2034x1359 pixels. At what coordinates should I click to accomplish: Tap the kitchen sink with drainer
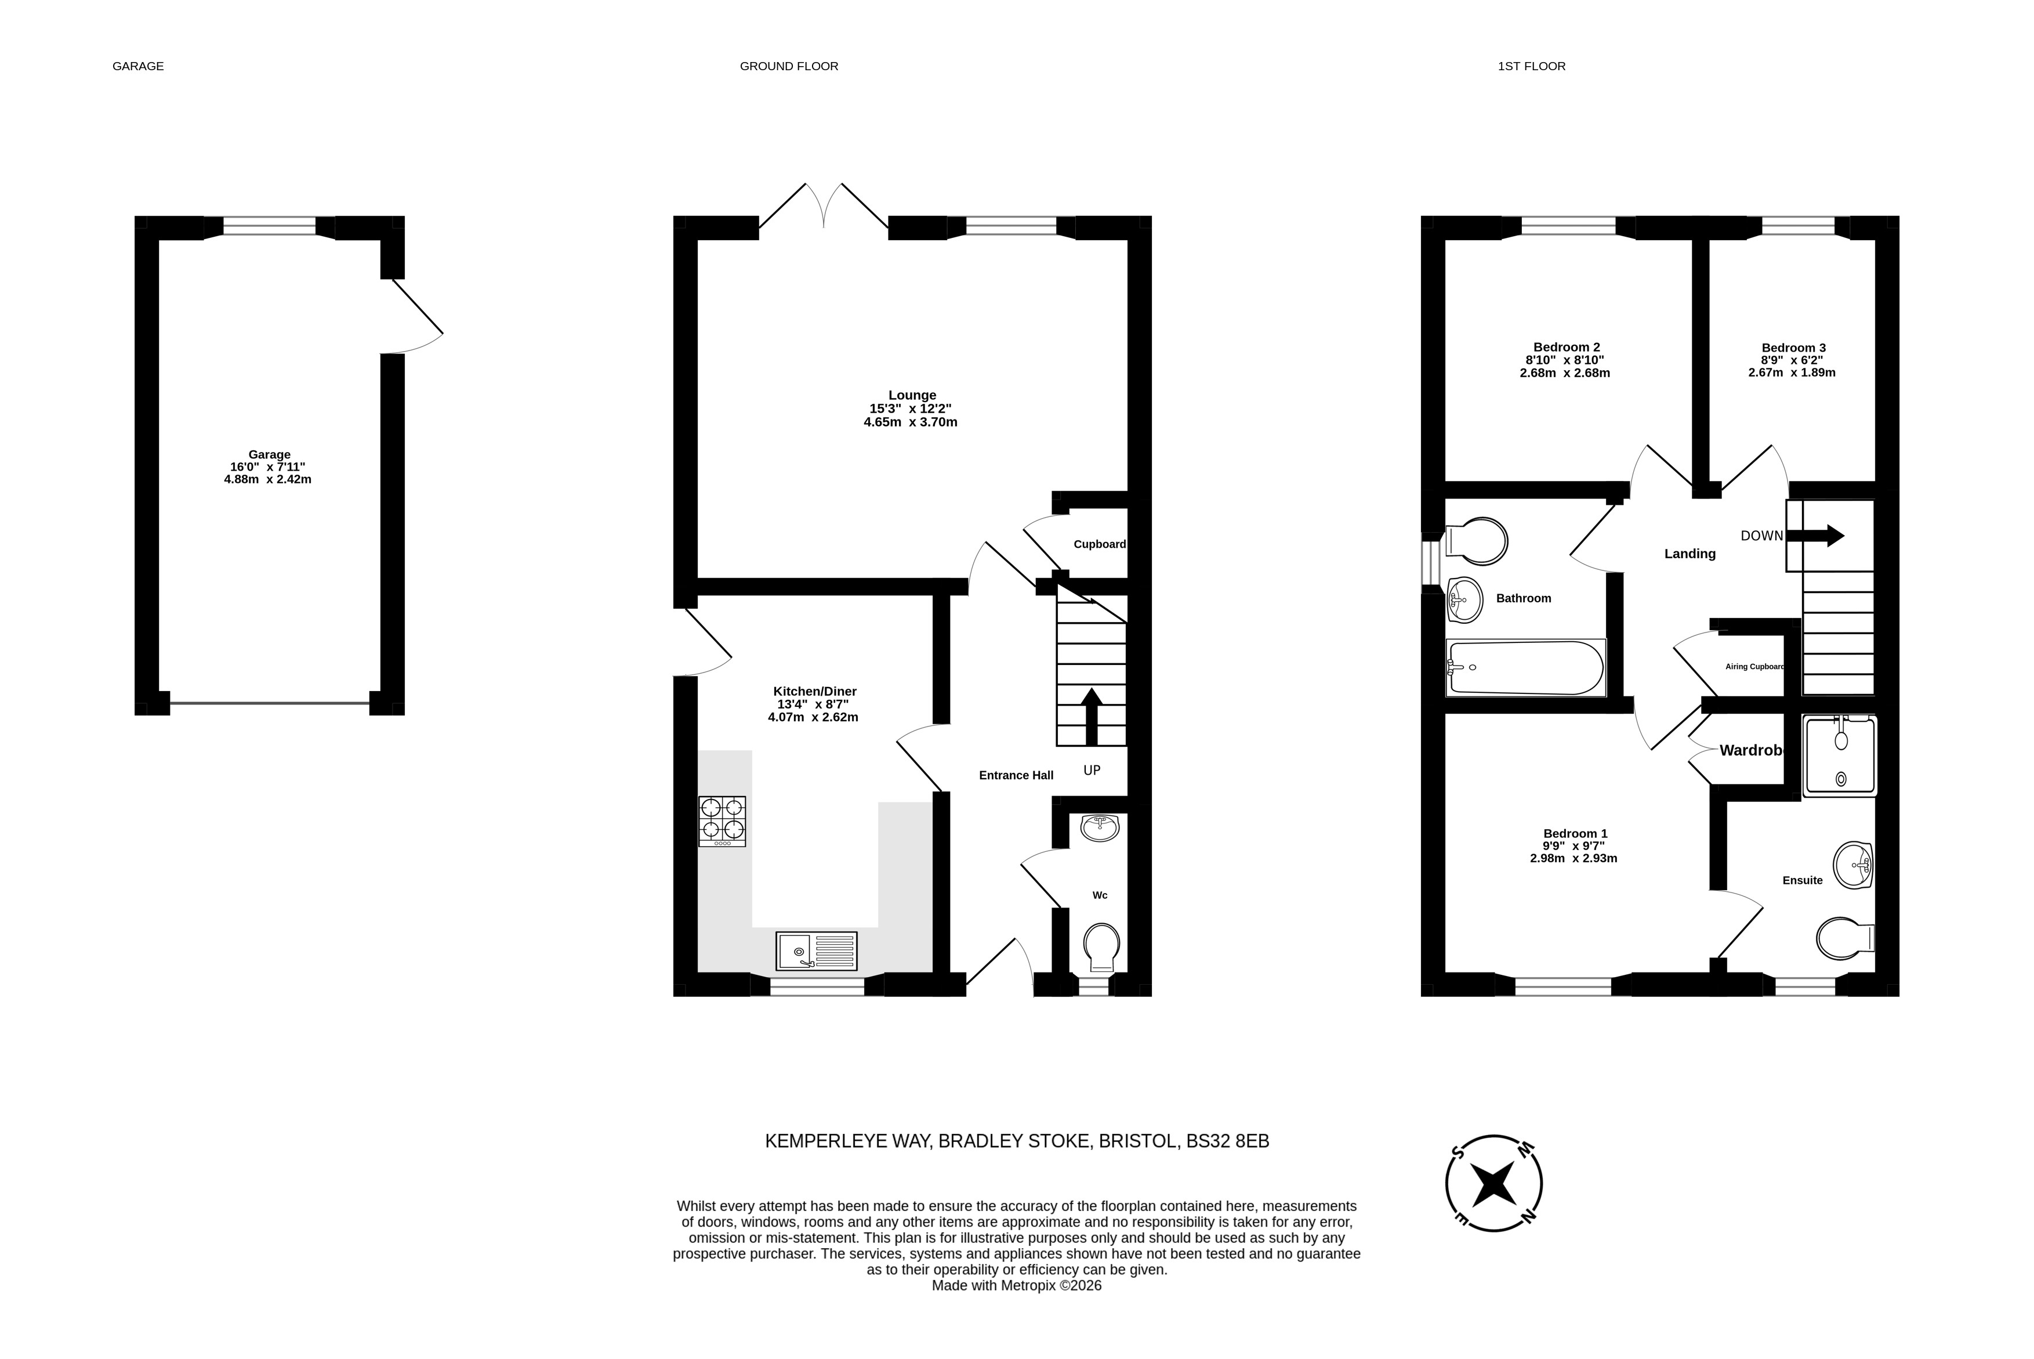(x=816, y=951)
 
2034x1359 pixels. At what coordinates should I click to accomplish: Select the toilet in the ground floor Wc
(x=1102, y=946)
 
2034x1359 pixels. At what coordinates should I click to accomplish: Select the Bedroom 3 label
(x=1793, y=348)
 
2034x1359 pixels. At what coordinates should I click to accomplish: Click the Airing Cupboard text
(x=1755, y=667)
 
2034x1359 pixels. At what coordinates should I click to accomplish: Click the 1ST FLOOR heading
(x=1532, y=66)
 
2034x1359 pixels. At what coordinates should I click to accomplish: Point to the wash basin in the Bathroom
(x=1465, y=600)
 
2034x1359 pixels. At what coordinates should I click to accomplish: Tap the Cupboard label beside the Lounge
(x=1099, y=544)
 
